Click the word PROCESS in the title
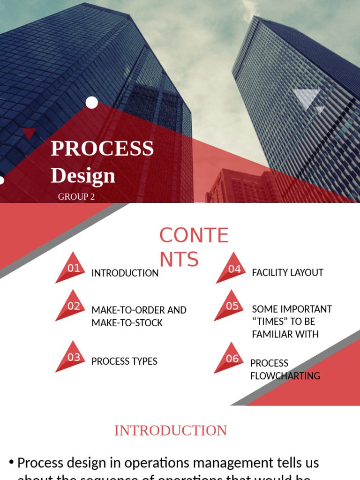click(x=102, y=148)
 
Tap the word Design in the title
click(x=83, y=175)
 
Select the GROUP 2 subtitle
click(x=76, y=197)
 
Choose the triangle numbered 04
click(x=233, y=270)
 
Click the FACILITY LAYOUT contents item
click(x=287, y=273)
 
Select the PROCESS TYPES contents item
click(x=124, y=361)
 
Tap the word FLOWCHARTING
click(x=285, y=376)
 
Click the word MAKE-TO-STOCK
click(x=127, y=323)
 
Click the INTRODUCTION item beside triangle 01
click(x=125, y=273)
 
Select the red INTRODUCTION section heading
click(x=171, y=431)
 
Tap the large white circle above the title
click(x=92, y=103)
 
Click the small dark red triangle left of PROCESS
click(x=29, y=133)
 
